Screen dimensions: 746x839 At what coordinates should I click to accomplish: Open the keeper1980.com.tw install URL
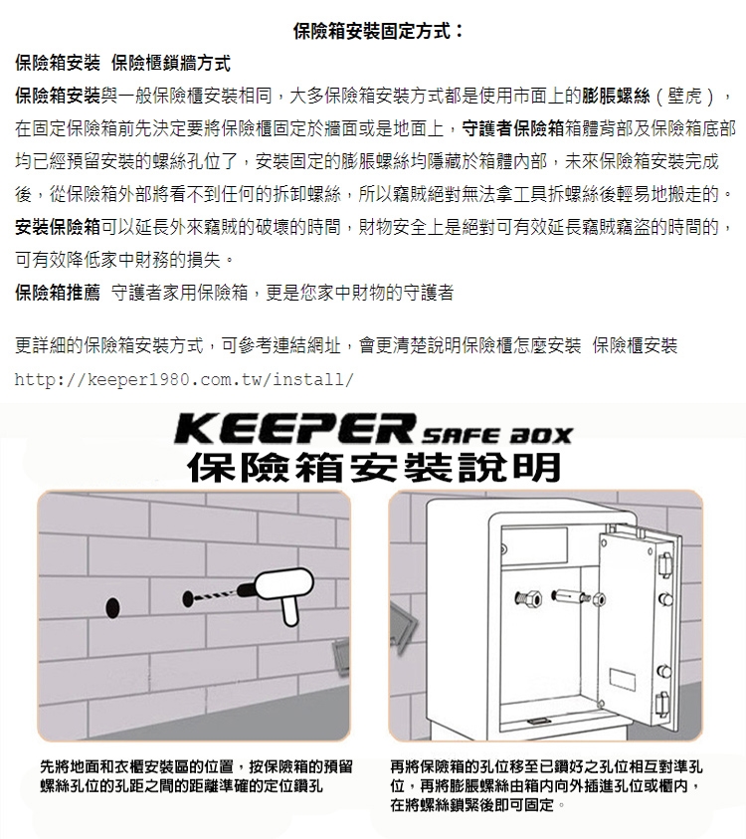[184, 379]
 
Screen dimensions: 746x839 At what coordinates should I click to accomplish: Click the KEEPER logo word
[295, 429]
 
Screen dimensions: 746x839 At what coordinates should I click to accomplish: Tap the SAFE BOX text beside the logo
[496, 436]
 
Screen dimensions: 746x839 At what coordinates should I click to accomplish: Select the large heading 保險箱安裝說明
[374, 467]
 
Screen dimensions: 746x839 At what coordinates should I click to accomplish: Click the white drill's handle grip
[289, 610]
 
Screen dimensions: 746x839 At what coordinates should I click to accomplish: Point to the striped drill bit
[214, 596]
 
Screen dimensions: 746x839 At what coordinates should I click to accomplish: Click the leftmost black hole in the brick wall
[112, 607]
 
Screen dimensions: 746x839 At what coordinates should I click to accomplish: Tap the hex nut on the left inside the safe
[527, 598]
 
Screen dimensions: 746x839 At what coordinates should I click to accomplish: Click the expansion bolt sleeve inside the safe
[570, 595]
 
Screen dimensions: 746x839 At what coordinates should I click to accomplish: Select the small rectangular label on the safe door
[623, 680]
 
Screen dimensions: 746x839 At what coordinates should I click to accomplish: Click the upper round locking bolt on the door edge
[665, 599]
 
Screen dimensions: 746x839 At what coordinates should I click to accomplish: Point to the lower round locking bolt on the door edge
[663, 671]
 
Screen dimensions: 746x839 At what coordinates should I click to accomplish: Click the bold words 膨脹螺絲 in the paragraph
[616, 97]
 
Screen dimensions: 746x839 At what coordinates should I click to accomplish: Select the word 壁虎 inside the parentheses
[684, 97]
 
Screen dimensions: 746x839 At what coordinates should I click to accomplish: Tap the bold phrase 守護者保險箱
[513, 128]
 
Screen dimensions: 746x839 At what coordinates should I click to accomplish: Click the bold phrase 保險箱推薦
[58, 293]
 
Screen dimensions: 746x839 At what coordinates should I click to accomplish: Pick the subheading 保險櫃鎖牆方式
[171, 63]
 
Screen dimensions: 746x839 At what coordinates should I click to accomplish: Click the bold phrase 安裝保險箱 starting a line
[58, 227]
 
